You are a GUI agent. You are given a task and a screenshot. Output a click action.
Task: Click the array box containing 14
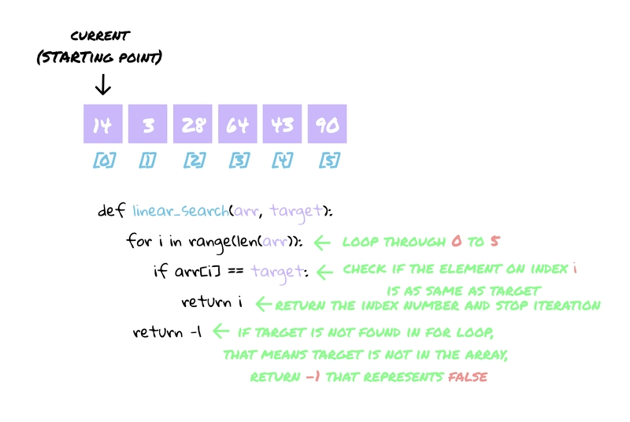pyautogui.click(x=102, y=124)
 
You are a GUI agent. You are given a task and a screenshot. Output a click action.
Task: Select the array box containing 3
pyautogui.click(x=147, y=124)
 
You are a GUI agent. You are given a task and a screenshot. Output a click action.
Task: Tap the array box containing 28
pyautogui.click(x=192, y=124)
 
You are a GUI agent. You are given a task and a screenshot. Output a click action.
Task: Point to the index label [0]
pyautogui.click(x=103, y=161)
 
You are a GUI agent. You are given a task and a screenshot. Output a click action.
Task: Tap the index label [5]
pyautogui.click(x=328, y=161)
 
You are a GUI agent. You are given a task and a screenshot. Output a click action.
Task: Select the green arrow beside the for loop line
pyautogui.click(x=324, y=242)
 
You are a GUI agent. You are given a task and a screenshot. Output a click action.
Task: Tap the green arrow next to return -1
pyautogui.click(x=220, y=331)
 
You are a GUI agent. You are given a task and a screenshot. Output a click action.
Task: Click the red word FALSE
pyautogui.click(x=468, y=376)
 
